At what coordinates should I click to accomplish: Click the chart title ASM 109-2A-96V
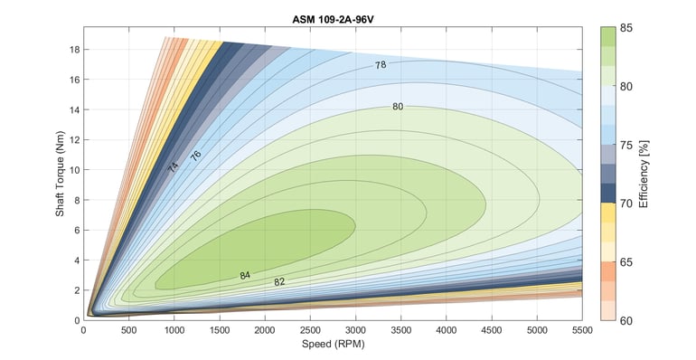click(333, 18)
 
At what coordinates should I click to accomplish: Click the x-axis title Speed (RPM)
click(333, 344)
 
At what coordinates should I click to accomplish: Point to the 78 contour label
click(381, 65)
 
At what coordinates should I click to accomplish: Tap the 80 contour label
click(398, 107)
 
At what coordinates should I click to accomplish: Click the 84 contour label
click(245, 275)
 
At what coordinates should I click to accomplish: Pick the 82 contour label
click(279, 282)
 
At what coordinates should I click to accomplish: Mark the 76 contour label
click(195, 156)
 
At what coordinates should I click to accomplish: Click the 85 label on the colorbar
click(625, 27)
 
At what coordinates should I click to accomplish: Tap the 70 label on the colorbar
click(625, 204)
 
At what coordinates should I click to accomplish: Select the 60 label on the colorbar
click(625, 320)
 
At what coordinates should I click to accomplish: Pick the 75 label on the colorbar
click(625, 145)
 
